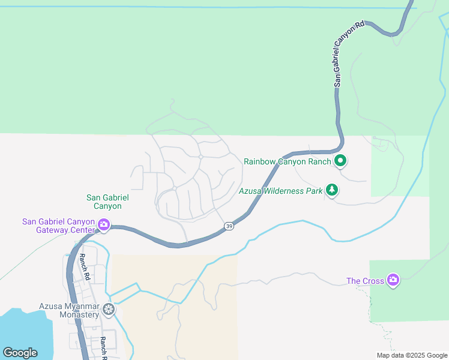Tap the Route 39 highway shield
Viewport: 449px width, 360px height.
coord(229,226)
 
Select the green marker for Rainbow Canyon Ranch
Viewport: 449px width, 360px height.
coord(340,160)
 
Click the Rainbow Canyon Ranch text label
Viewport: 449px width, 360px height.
coord(287,161)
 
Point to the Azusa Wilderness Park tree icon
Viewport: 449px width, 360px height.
coord(332,190)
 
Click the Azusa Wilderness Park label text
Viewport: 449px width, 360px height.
coord(280,191)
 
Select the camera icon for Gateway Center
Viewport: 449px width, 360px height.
coord(103,226)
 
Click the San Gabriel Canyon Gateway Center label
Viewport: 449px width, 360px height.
coord(59,226)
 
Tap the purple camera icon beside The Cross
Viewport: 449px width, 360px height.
coord(393,280)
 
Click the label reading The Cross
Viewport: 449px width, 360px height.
coord(364,281)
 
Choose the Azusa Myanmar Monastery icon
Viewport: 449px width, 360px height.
coord(109,310)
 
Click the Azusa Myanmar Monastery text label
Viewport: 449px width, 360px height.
coord(69,310)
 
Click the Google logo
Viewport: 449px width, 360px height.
coord(20,353)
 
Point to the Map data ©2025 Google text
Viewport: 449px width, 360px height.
coord(412,355)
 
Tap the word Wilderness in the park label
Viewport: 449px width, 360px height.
coord(286,191)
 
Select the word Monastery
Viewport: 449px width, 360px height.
coord(80,314)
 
